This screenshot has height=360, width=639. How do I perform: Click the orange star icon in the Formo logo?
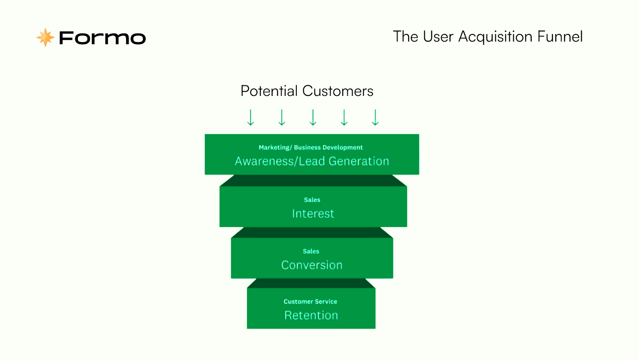coord(46,38)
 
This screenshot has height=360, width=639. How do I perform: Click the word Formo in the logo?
coord(102,38)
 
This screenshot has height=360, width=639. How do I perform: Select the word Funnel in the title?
coord(560,36)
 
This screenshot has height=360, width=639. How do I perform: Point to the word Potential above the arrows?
coord(269,91)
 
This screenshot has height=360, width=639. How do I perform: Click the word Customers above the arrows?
coord(338,91)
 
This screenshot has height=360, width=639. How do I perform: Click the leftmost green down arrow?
coord(250,117)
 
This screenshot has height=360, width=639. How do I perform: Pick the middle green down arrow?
coord(313,117)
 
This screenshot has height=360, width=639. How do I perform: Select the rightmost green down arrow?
coord(375,117)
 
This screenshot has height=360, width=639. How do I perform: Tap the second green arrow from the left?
coord(282,117)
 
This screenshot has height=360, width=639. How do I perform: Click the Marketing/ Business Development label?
coord(311,147)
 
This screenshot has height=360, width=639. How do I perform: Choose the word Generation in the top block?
coord(359,161)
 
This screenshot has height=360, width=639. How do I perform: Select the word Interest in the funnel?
coord(313,213)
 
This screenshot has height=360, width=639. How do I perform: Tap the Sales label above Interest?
coord(312,200)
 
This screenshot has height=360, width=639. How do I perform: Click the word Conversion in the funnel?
coord(312,265)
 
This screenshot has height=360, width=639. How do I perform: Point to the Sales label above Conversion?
coord(311,251)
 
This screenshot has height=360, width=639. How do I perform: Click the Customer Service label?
coord(310,302)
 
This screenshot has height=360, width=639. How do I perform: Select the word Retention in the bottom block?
coord(311,316)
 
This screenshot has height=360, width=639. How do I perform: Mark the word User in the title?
coord(438,36)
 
